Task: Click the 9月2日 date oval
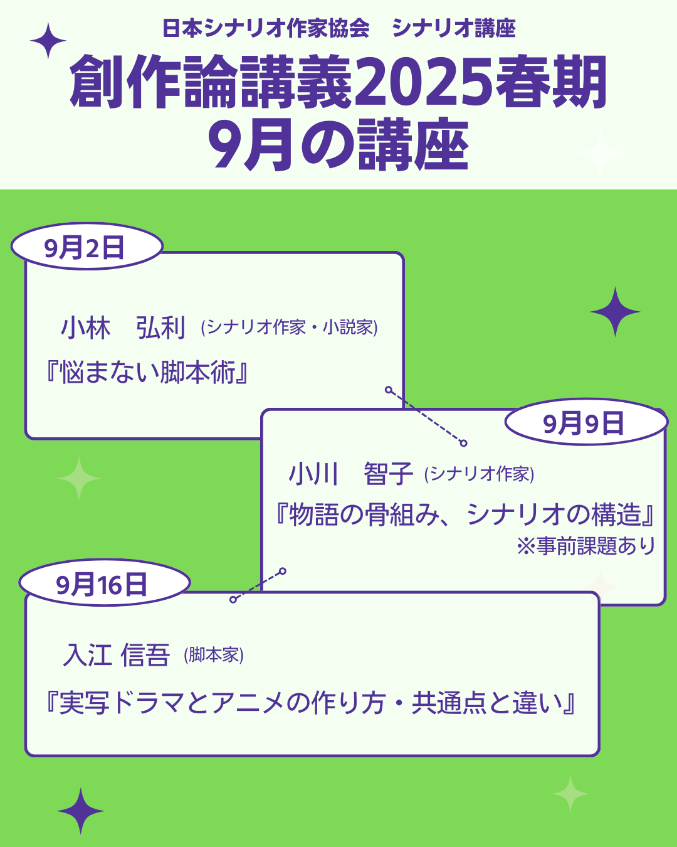point(87,247)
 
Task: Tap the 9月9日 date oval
point(585,423)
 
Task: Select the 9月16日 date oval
point(103,584)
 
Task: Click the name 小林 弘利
point(123,328)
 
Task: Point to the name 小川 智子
point(350,474)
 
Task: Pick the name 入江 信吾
point(117,655)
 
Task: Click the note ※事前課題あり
point(586,546)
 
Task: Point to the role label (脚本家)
point(214,656)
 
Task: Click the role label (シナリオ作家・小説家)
point(289,328)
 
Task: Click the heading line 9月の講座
point(338,146)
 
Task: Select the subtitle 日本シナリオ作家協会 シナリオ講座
point(338,29)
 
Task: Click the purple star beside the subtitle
point(48,41)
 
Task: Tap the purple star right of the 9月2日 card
point(615,312)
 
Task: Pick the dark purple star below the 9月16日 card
point(81,811)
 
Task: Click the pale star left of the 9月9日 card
point(79,479)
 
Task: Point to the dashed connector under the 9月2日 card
point(426,417)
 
